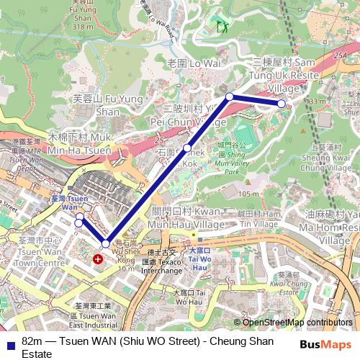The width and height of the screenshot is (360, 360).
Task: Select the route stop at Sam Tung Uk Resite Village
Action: tap(282, 104)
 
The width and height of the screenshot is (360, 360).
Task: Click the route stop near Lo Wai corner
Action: tap(230, 96)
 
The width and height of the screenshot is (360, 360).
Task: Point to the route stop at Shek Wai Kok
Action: tap(187, 148)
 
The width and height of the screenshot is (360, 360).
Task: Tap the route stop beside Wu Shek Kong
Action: tap(106, 244)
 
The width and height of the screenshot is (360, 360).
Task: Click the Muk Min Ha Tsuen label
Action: tap(78, 145)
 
